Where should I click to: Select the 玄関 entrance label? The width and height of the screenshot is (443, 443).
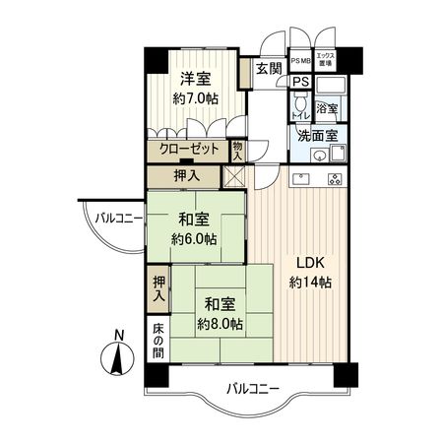[267, 68]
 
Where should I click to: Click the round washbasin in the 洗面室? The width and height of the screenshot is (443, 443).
[317, 156]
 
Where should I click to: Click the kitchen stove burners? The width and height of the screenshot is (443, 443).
[333, 180]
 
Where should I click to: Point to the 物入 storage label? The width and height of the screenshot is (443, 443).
[238, 151]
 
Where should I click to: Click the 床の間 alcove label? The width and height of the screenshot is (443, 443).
[158, 341]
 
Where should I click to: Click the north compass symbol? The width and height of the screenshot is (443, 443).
[117, 354]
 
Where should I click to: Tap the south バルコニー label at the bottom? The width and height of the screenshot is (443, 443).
[249, 389]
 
